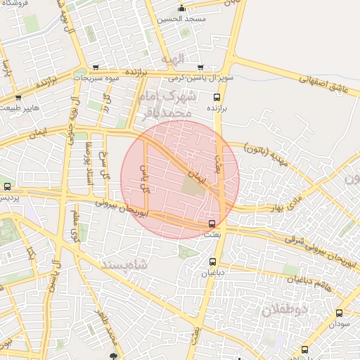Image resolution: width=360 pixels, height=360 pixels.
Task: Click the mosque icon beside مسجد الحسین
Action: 182,8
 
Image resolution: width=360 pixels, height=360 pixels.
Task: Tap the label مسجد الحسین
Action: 183,19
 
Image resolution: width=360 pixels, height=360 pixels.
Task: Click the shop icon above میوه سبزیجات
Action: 95,67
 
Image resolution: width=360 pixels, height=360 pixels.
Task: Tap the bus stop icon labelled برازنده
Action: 216,98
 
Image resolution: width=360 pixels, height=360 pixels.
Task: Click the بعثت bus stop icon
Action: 212,224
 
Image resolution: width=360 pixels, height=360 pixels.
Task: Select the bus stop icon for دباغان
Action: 212,261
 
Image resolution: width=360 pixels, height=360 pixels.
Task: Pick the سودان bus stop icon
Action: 339,313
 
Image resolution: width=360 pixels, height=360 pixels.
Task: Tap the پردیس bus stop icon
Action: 7,187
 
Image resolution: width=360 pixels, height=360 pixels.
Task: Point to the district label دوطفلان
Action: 287,309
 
